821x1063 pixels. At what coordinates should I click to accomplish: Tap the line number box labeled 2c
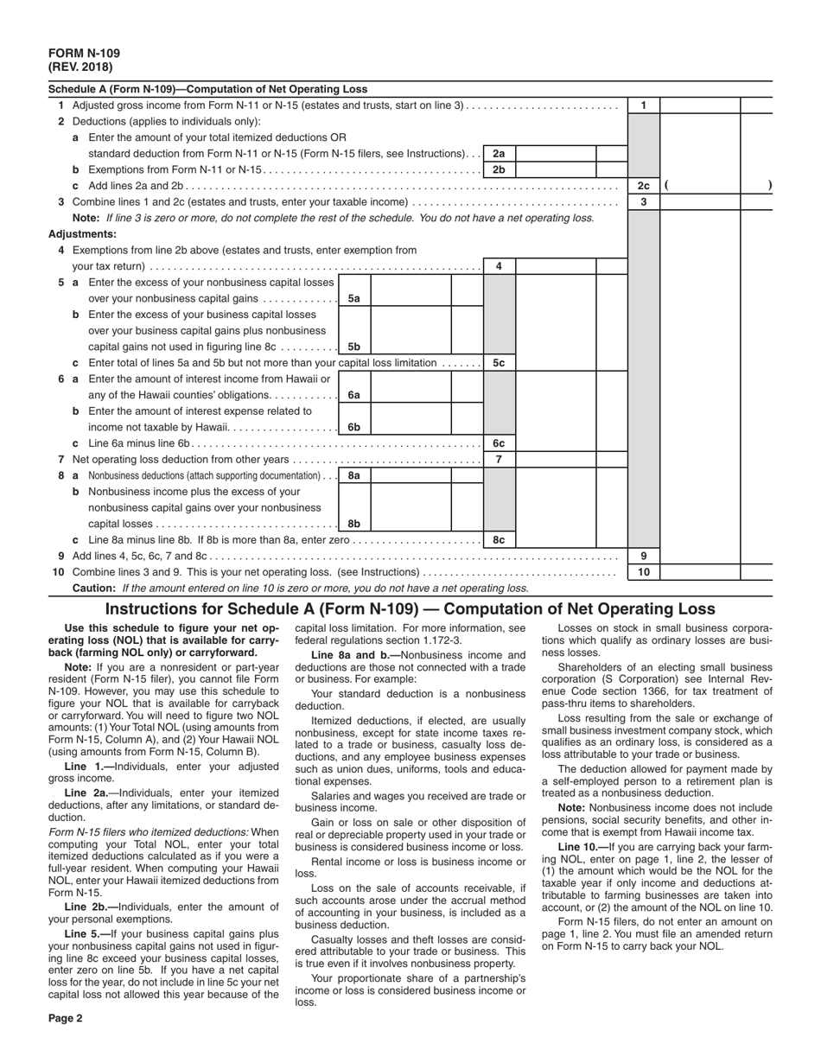(x=643, y=186)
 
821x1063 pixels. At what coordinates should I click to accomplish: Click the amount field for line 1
(x=699, y=105)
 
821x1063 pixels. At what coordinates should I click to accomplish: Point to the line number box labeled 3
(x=643, y=202)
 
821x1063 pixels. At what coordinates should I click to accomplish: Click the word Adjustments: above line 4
(x=82, y=234)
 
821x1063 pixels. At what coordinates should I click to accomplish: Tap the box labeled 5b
(x=353, y=347)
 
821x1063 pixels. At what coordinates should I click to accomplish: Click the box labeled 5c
(x=499, y=363)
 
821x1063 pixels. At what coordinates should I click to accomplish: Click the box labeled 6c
(x=499, y=443)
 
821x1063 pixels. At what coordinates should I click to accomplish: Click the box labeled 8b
(x=353, y=524)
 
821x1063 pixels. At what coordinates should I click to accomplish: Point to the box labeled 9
(x=643, y=556)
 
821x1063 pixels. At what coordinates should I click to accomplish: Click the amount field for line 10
(x=699, y=572)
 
